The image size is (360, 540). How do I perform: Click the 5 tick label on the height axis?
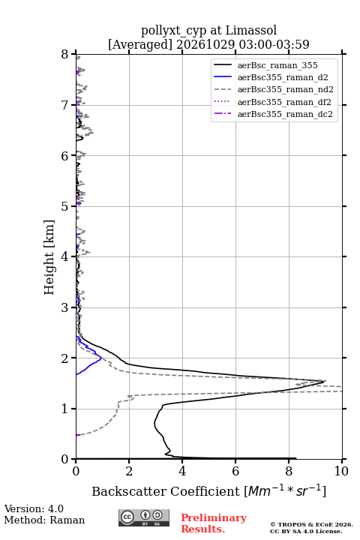[x=64, y=206]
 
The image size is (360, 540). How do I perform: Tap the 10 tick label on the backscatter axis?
[x=341, y=471]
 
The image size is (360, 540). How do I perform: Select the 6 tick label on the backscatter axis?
[x=235, y=471]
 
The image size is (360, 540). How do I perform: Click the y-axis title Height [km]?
[x=49, y=257]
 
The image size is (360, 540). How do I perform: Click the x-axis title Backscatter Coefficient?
[x=166, y=491]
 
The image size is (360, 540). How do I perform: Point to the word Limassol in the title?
[x=251, y=31]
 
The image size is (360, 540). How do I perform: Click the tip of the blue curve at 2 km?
[x=102, y=358]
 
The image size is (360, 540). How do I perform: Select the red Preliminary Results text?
[x=214, y=523]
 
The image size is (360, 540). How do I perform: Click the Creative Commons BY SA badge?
[x=144, y=517]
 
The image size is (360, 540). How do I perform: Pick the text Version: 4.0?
[x=34, y=508]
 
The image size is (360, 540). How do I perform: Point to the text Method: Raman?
[x=44, y=520]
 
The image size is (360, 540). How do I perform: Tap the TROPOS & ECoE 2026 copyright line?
[x=311, y=524]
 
